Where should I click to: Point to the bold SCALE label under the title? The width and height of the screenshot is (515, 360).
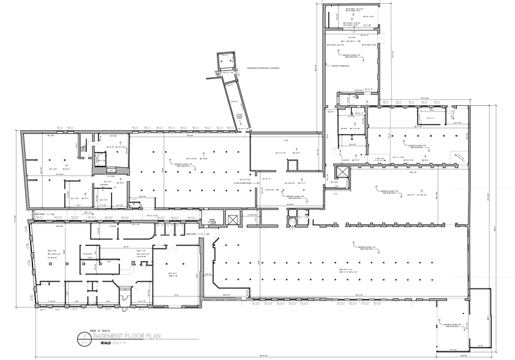click(x=100, y=343)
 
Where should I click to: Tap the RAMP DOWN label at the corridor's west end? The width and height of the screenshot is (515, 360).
click(x=38, y=214)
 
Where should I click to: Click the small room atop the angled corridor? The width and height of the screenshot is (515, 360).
click(x=227, y=61)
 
